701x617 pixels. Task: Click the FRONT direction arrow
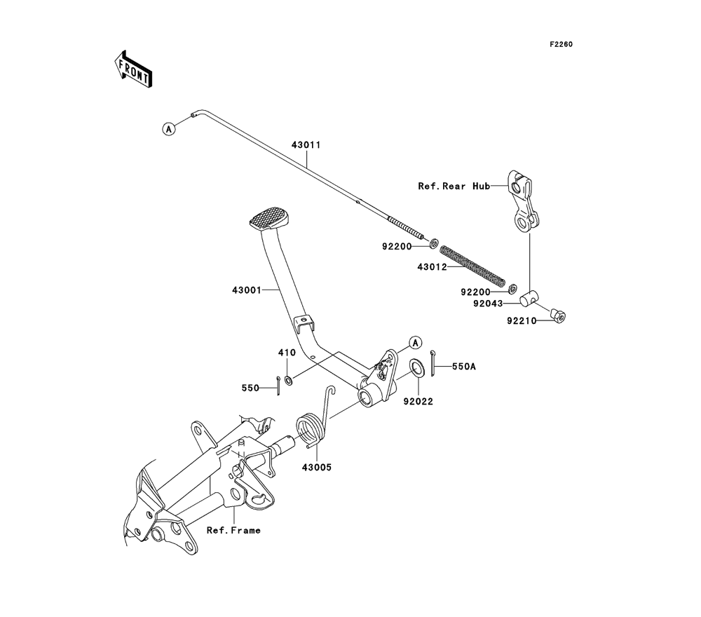[x=133, y=70]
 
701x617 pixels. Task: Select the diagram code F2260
[x=561, y=44]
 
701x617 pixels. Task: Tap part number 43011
[x=306, y=145]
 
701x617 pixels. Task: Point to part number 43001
[x=246, y=290]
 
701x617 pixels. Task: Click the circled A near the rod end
[x=168, y=129]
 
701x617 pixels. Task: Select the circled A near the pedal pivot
[x=416, y=343]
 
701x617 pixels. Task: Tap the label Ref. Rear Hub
[x=454, y=186]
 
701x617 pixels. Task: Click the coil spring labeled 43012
[x=472, y=266]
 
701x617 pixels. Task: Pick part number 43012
[x=433, y=267]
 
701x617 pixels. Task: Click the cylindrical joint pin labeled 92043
[x=529, y=298]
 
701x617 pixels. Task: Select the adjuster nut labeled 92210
[x=557, y=316]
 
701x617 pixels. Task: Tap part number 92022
[x=418, y=402]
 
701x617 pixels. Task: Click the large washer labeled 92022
[x=418, y=367]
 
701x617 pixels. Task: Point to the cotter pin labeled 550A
[x=433, y=363]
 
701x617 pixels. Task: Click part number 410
[x=287, y=353]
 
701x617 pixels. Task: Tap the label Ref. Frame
[x=233, y=530]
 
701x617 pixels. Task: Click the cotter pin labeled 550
[x=278, y=386]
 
